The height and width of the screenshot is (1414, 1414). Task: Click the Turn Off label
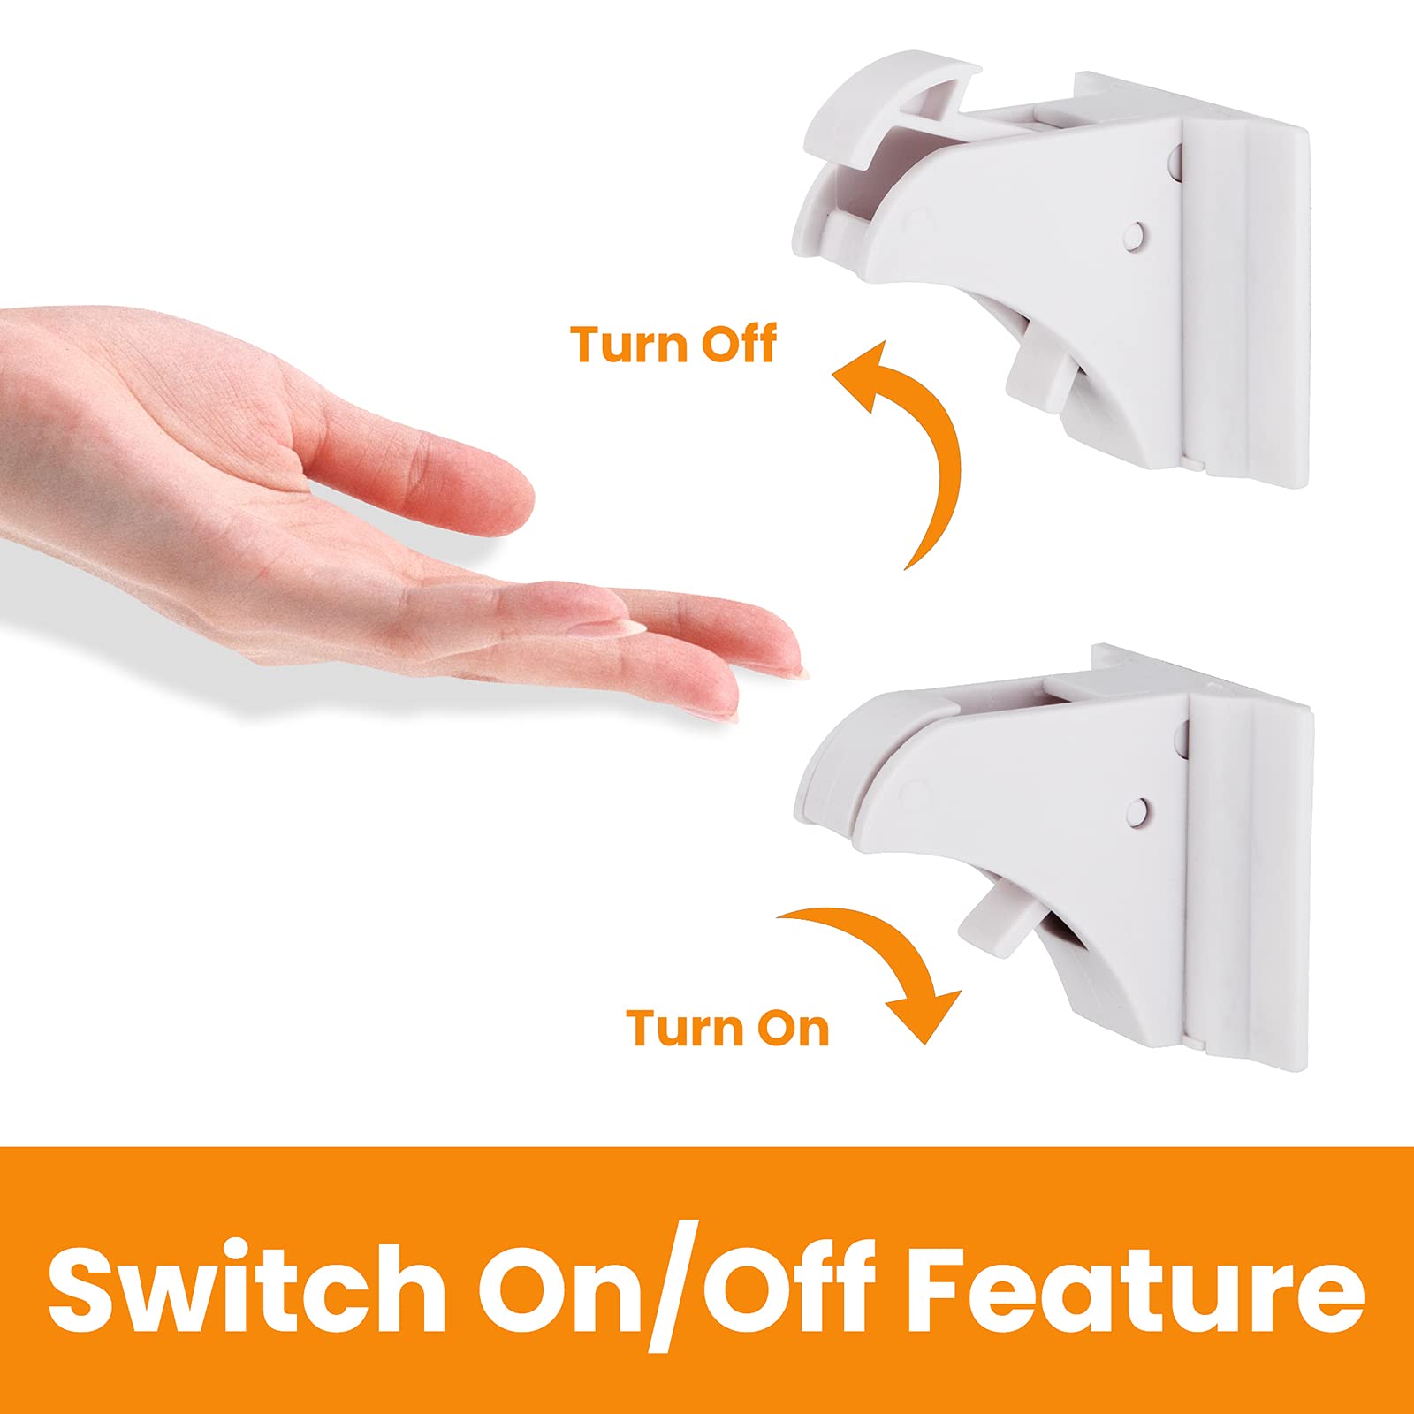click(x=673, y=344)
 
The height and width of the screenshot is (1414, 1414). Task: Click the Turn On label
click(x=728, y=1028)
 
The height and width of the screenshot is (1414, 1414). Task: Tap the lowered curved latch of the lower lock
click(x=848, y=760)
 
